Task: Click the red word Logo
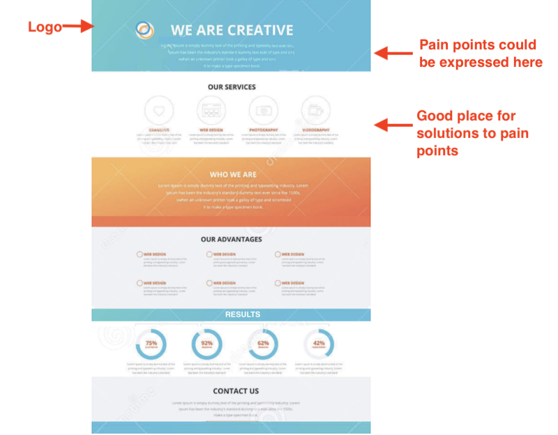point(45,27)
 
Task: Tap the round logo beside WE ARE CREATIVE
point(145,30)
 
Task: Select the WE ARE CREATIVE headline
point(232,30)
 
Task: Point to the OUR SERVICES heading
point(232,87)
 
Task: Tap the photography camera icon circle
point(263,110)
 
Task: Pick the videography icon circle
point(315,110)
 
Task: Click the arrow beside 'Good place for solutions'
point(391,125)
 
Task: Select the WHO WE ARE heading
point(233,174)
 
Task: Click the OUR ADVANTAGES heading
point(231,239)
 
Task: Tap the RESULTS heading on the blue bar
point(242,314)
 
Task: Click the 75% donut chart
point(151,344)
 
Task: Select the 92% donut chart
point(207,344)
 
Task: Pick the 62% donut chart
point(263,344)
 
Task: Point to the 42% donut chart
point(319,344)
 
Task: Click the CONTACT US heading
point(236,391)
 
